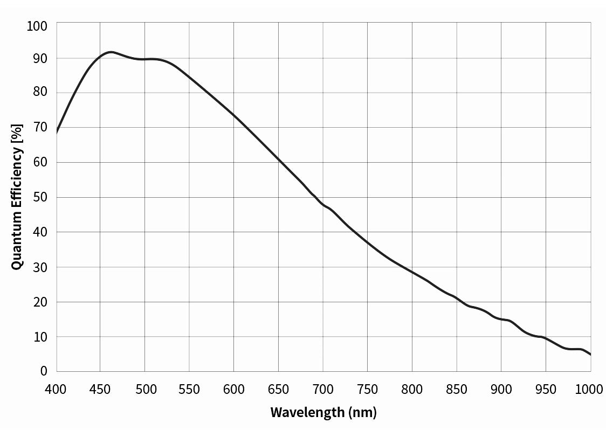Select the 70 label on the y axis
click(40, 127)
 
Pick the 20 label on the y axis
click(40, 302)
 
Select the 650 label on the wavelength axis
click(279, 389)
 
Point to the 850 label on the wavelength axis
click(457, 389)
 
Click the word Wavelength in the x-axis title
click(307, 413)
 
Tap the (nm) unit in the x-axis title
click(362, 413)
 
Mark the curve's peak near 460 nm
click(111, 52)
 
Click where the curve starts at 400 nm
click(57, 132)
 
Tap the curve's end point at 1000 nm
click(591, 355)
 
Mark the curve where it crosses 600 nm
click(234, 115)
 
